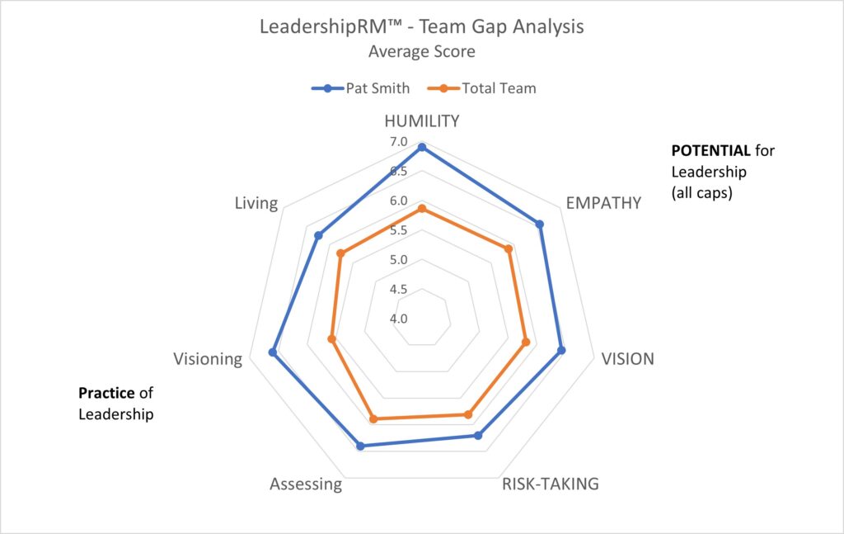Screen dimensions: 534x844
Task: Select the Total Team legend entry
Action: [485, 87]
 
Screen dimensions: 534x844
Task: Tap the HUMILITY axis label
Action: [422, 121]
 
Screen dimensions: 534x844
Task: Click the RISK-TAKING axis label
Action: [551, 484]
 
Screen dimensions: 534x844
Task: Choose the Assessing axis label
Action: [305, 484]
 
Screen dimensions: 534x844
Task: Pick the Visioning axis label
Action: [208, 359]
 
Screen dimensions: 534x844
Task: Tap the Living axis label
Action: [256, 202]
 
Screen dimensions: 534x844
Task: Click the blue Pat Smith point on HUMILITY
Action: [422, 147]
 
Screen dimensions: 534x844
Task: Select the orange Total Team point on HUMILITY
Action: [422, 209]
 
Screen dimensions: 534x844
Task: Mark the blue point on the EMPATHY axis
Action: [540, 224]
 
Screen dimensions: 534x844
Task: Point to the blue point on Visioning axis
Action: [273, 352]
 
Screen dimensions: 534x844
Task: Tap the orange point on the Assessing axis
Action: [373, 419]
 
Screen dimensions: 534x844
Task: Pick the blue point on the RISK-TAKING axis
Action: [478, 435]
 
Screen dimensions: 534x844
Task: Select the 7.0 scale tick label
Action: [399, 142]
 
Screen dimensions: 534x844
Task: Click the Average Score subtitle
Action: [421, 51]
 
